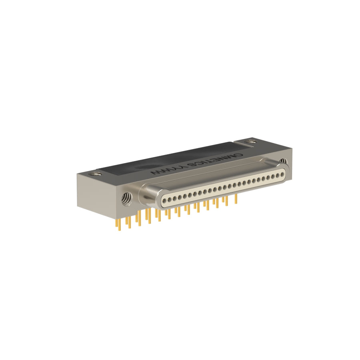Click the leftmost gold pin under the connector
point(119,224)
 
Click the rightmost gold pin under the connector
point(235,199)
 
